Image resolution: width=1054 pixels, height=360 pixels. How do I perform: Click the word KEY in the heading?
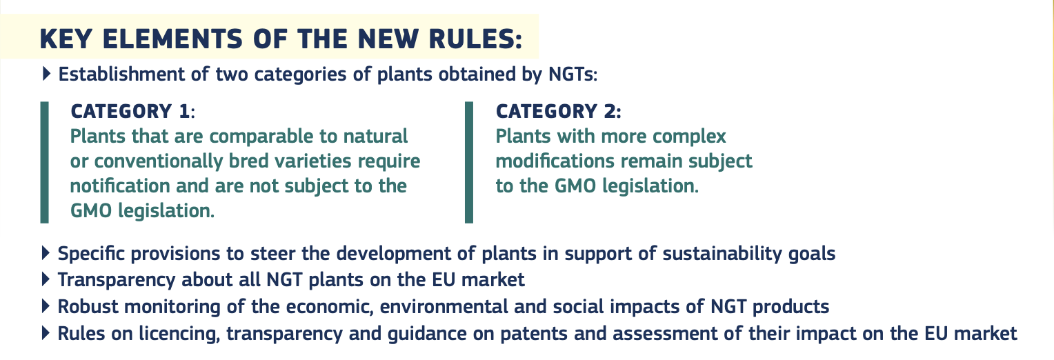pos(66,39)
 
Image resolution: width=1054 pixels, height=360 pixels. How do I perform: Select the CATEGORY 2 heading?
pos(558,112)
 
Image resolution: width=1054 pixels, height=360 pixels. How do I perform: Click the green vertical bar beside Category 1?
pos(45,162)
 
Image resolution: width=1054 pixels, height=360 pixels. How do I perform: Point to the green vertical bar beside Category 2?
pos(468,162)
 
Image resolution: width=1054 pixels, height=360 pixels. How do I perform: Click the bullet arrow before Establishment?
pos(46,74)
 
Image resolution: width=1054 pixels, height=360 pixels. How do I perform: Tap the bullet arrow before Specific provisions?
pos(46,253)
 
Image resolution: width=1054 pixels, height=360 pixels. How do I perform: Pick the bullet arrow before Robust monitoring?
pos(46,306)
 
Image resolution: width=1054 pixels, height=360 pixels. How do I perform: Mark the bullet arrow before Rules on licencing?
pos(46,333)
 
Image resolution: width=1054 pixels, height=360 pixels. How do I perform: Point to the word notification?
pos(119,186)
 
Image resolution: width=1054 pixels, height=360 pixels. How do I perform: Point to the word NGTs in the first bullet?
pos(573,74)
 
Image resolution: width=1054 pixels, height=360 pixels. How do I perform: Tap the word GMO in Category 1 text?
pos(91,211)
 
